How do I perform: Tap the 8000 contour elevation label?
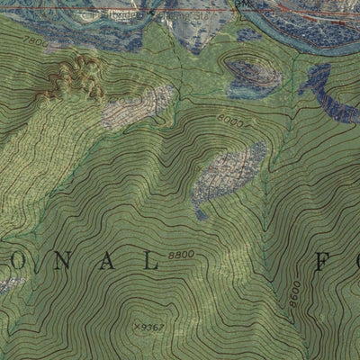(230, 118)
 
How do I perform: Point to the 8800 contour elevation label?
(181, 255)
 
